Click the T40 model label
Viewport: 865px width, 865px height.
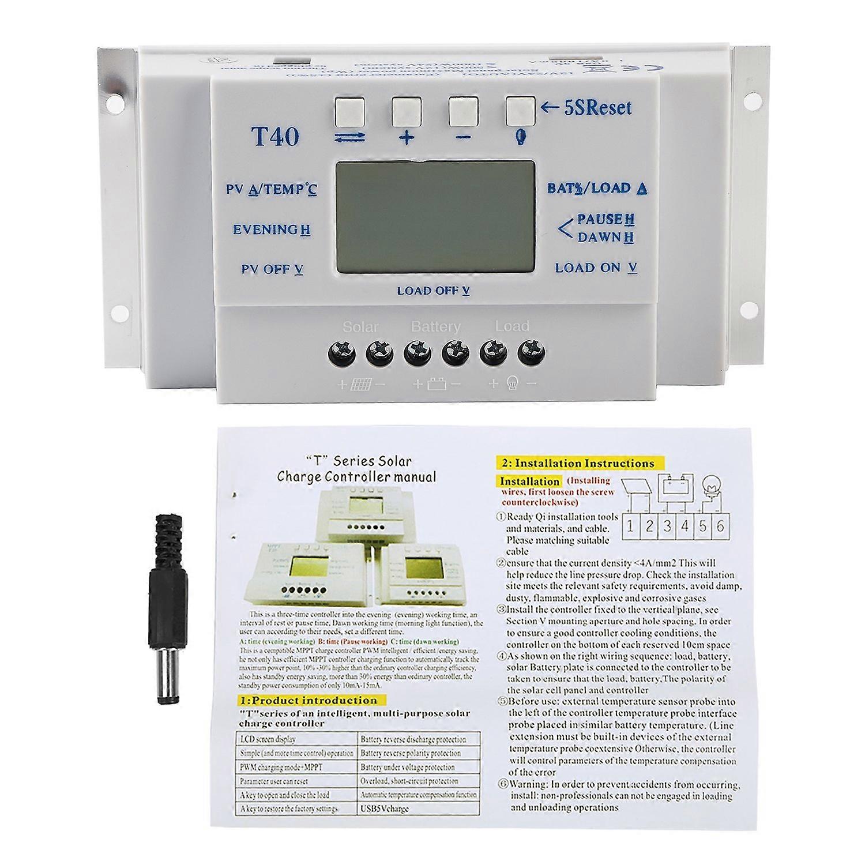coord(275,136)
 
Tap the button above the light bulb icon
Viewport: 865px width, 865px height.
coord(520,111)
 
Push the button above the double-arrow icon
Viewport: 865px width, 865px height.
coord(349,111)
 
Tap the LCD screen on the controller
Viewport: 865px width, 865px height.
coord(434,216)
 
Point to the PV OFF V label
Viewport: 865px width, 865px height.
coord(272,269)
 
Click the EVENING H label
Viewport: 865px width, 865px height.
coord(272,230)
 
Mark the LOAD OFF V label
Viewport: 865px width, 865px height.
coord(433,291)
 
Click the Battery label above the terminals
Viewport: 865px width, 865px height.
coord(435,327)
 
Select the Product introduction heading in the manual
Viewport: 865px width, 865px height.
coord(307,701)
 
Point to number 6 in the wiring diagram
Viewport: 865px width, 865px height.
coord(720,526)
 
